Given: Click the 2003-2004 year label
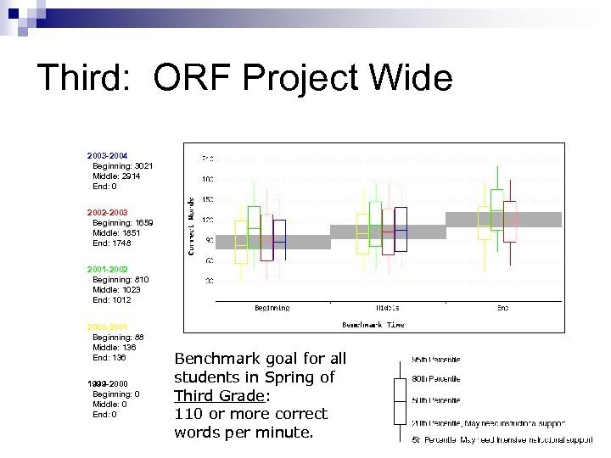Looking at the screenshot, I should [x=107, y=156].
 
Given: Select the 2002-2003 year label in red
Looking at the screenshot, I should [x=107, y=212].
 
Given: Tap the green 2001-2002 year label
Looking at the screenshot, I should [x=107, y=269].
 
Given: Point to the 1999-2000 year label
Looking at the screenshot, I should [x=107, y=383].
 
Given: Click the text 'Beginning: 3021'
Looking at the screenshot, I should [x=123, y=166].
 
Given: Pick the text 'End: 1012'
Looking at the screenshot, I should [x=112, y=299].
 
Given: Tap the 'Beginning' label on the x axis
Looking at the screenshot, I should [x=272, y=308].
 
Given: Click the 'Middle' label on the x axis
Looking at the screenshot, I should [x=388, y=308].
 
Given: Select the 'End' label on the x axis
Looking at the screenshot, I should [x=503, y=308].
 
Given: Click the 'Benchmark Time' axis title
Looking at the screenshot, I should [x=373, y=324].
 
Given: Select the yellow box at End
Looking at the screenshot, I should [x=485, y=219].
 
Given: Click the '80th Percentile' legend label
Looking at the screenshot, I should [x=436, y=379].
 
